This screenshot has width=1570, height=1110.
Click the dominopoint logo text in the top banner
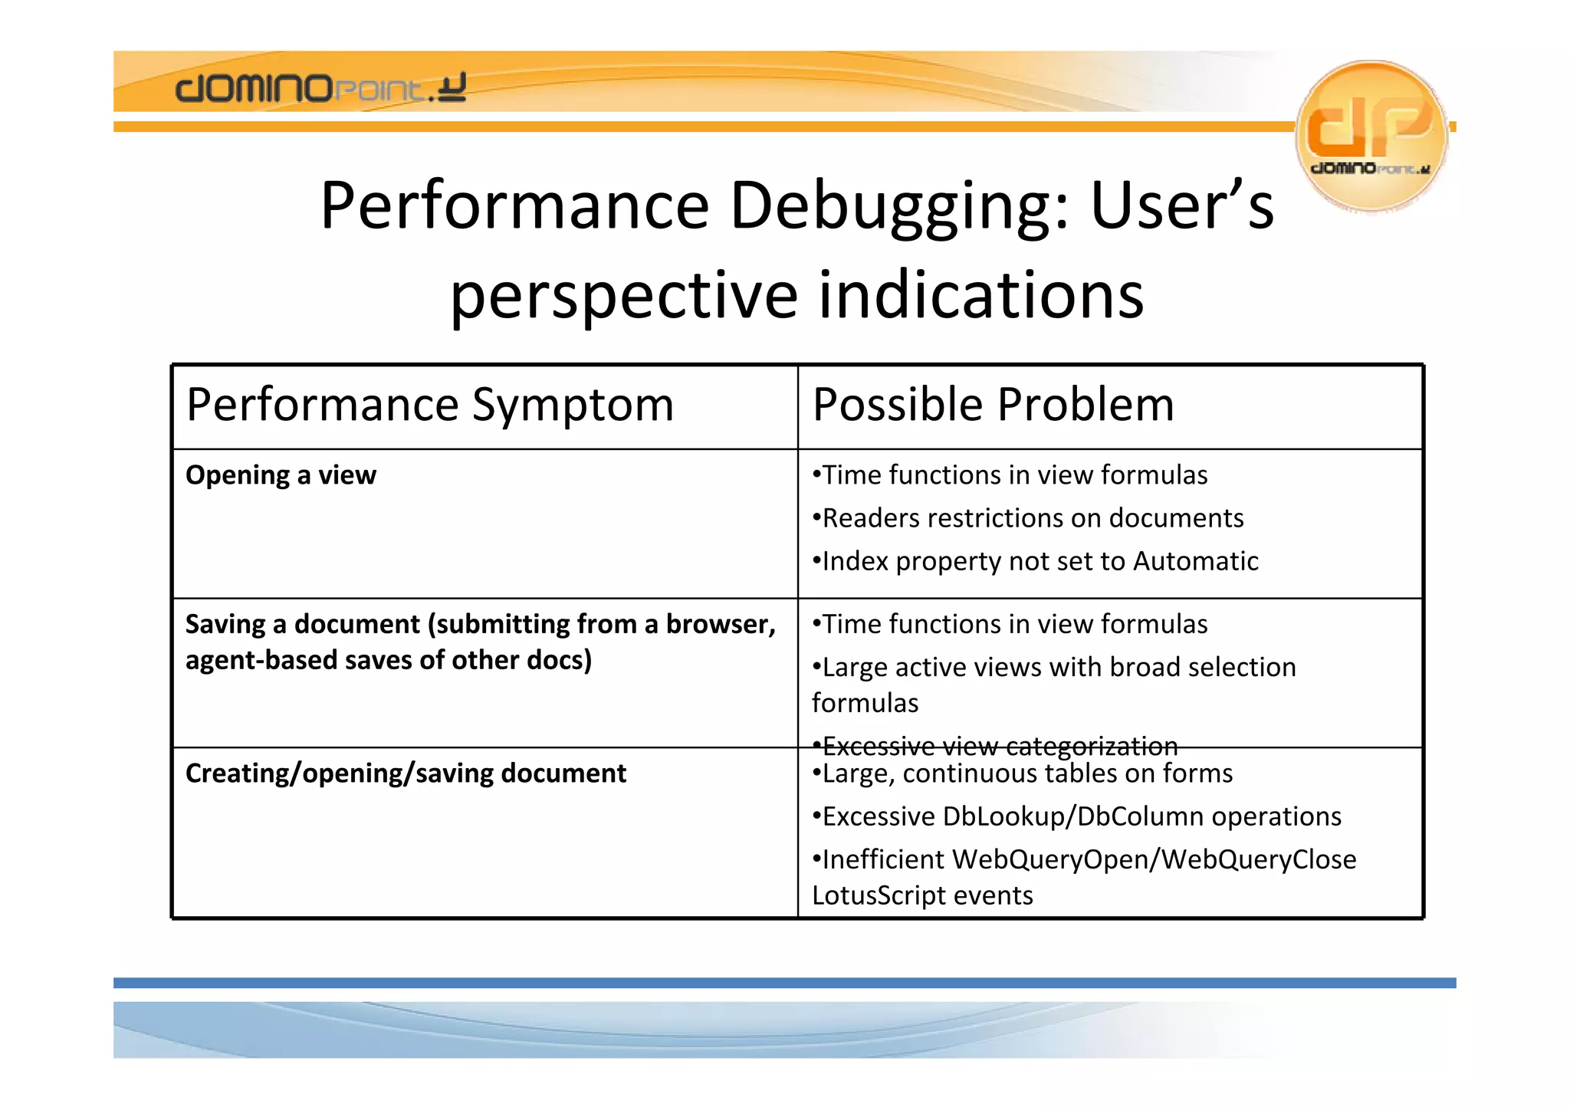(x=320, y=88)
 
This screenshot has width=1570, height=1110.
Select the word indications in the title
(x=981, y=296)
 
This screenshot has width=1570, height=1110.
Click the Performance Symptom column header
(x=429, y=405)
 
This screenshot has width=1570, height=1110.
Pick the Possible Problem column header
(x=993, y=405)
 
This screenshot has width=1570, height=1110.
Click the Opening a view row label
(x=281, y=475)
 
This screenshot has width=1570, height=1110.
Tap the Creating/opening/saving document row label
(x=406, y=773)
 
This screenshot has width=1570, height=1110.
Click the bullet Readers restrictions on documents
(x=1027, y=518)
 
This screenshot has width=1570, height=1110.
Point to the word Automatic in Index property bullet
(x=1195, y=561)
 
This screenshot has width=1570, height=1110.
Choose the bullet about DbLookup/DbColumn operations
(x=1076, y=816)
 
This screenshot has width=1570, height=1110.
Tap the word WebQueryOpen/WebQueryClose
(x=1154, y=859)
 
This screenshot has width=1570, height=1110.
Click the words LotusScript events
(x=922, y=895)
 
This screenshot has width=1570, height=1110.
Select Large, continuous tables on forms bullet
(x=1023, y=773)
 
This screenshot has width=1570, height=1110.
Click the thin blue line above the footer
(x=784, y=983)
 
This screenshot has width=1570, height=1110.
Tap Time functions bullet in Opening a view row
(x=1010, y=475)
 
